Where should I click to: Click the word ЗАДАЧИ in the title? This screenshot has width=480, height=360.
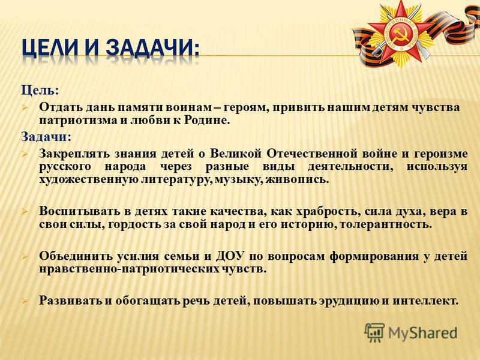[x=153, y=49]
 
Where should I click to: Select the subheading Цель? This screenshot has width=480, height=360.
[x=40, y=91]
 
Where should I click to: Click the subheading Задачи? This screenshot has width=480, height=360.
[x=46, y=137]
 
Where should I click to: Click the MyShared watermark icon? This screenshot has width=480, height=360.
[x=374, y=332]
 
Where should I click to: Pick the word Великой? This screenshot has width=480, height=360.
[x=236, y=153]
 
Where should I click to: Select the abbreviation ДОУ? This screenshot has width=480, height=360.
[x=230, y=256]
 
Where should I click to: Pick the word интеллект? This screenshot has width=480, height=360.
[x=425, y=301]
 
